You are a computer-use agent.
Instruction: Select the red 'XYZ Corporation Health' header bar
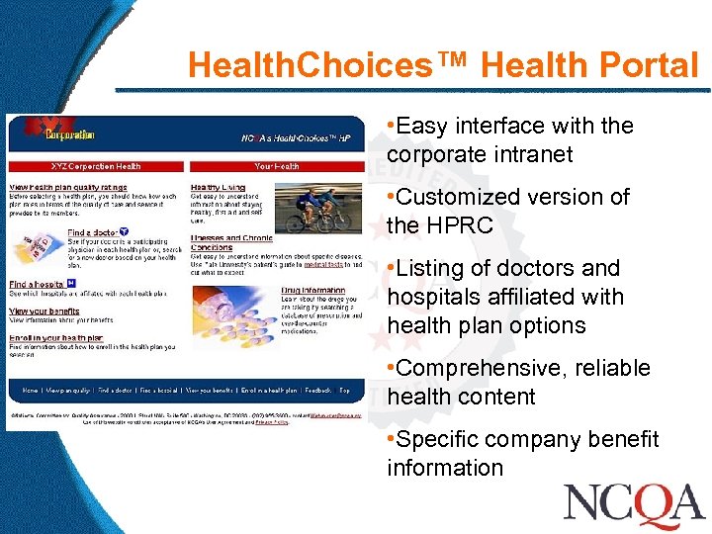tap(96, 166)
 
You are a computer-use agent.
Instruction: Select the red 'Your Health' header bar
tap(276, 166)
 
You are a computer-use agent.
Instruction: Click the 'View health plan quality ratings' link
tap(68, 187)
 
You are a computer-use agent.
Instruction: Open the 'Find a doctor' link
tap(91, 231)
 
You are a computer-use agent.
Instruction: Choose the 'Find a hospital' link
tap(38, 284)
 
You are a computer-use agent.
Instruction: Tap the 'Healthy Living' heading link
tap(218, 187)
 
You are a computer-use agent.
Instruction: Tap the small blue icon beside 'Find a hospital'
tap(71, 283)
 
